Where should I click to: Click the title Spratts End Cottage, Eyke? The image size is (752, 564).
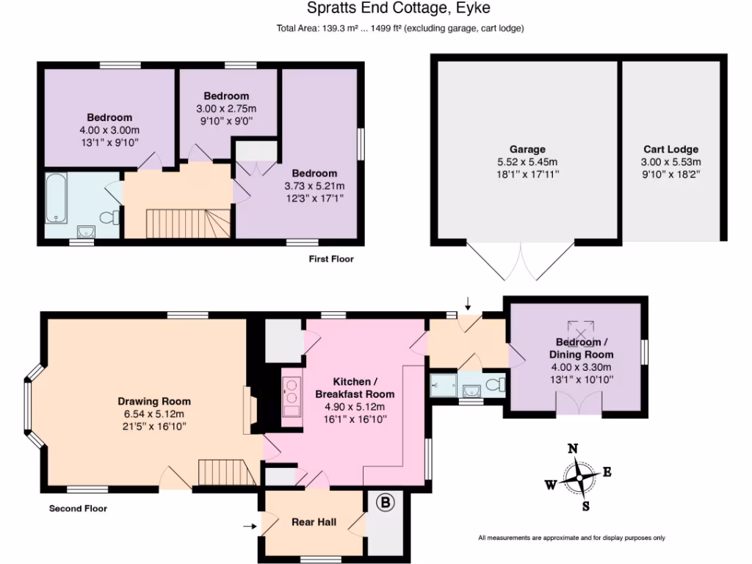click(397, 9)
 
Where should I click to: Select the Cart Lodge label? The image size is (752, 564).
click(670, 149)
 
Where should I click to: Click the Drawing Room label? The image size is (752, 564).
click(154, 401)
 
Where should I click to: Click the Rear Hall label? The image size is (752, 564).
click(314, 521)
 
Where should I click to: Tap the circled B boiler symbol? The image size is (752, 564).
click(385, 502)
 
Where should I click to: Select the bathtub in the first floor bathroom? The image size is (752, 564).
click(57, 198)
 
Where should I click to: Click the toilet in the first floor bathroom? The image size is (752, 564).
click(109, 217)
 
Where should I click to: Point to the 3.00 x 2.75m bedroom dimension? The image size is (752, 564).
click(226, 109)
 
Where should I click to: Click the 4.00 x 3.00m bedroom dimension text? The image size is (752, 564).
click(109, 130)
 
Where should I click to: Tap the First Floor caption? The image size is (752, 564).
click(331, 258)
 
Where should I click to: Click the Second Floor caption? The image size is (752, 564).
click(78, 508)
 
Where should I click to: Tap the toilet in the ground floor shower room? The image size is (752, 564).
click(497, 384)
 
